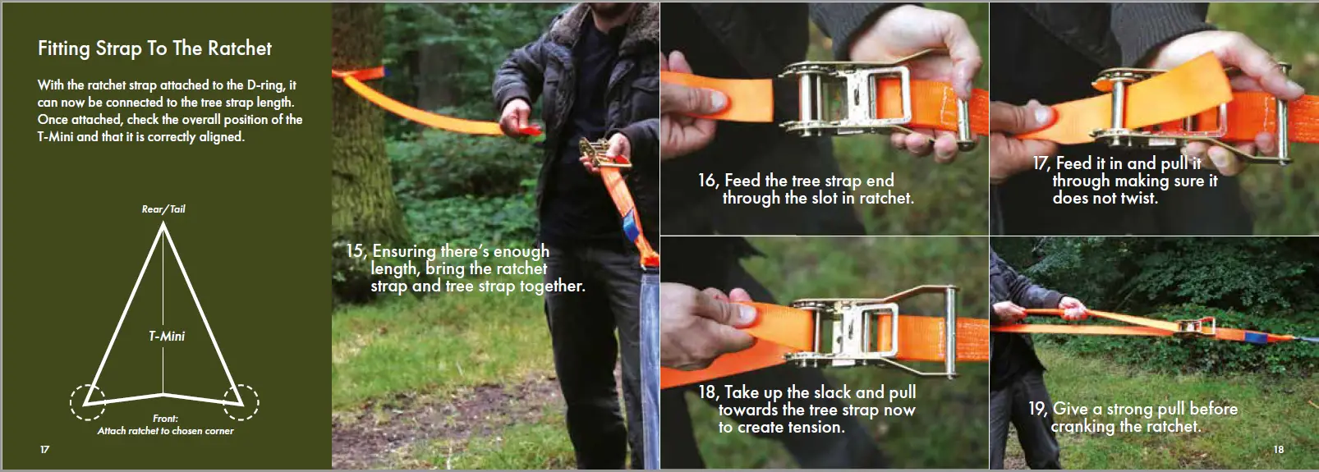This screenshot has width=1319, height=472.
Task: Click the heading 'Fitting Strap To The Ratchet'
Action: pyautogui.click(x=154, y=48)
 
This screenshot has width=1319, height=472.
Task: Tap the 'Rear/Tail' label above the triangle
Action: pyautogui.click(x=163, y=209)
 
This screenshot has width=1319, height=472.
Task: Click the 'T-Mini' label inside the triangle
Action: pyautogui.click(x=167, y=336)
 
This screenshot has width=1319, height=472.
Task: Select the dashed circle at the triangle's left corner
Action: pyautogui.click(x=87, y=401)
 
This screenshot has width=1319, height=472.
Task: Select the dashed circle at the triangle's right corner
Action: pyautogui.click(x=241, y=401)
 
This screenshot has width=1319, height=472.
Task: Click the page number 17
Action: pyautogui.click(x=44, y=449)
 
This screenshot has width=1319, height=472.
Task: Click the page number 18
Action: pyautogui.click(x=1278, y=449)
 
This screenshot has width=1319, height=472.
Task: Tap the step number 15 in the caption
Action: pyautogui.click(x=354, y=251)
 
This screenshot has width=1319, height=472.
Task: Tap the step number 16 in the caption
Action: pyautogui.click(x=707, y=181)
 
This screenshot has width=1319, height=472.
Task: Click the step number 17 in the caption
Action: pyautogui.click(x=1041, y=163)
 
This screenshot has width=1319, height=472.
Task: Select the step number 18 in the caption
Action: pyautogui.click(x=707, y=392)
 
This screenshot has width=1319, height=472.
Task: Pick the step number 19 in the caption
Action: pyautogui.click(x=1037, y=409)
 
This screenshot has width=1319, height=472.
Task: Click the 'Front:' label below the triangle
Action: pyautogui.click(x=165, y=419)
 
